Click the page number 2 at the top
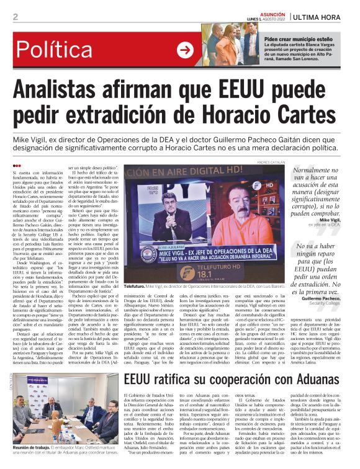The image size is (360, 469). tap(15, 17)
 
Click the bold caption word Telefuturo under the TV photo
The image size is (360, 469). tap(134, 287)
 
